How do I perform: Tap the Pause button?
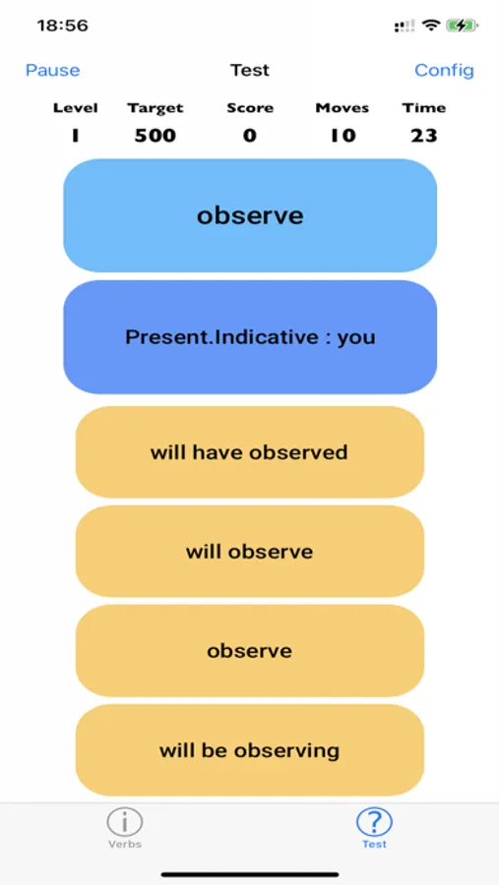[52, 70]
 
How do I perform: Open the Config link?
[444, 70]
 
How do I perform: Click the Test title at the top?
[250, 70]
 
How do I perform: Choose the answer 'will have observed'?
[250, 452]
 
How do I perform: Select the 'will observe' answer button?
[250, 552]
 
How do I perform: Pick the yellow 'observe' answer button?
[250, 651]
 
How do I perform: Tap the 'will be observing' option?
[250, 750]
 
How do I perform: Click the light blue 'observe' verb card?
[250, 215]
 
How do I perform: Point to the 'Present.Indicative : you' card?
[250, 337]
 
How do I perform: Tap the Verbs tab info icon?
[124, 822]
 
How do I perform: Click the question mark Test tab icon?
[374, 822]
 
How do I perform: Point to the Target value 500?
[155, 136]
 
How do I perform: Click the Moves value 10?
[343, 136]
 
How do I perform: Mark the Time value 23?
[424, 136]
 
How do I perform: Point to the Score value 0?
[250, 136]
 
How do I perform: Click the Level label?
[75, 108]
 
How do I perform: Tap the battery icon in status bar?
[463, 26]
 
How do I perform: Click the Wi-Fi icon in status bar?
[432, 26]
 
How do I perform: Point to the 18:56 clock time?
[63, 26]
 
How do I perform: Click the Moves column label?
[343, 108]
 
